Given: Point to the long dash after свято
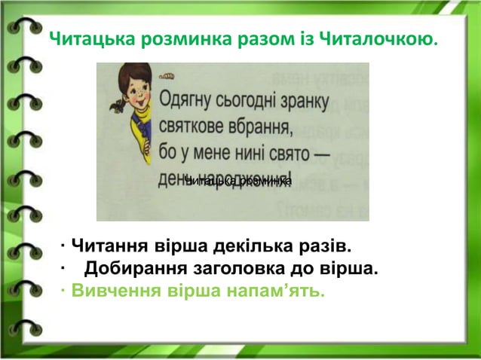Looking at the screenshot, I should (321, 154).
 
